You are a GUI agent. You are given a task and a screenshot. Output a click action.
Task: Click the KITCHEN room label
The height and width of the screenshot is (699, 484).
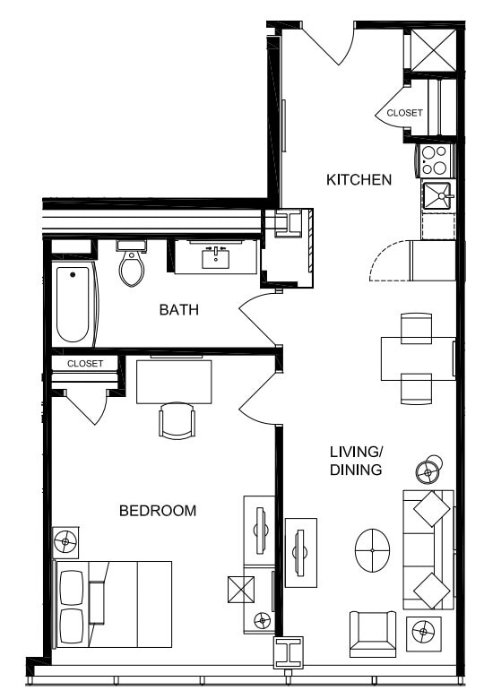click(359, 180)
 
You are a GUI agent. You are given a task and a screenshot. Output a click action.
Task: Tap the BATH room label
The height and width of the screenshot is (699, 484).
click(178, 310)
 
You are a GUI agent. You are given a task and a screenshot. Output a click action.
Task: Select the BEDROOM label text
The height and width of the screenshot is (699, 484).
click(158, 511)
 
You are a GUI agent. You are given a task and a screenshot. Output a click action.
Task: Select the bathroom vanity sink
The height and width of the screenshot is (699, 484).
click(216, 256)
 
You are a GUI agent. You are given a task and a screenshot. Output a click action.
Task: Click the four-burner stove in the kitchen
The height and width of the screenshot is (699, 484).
click(436, 160)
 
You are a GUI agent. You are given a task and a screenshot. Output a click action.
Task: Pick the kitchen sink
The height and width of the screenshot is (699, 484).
click(438, 196)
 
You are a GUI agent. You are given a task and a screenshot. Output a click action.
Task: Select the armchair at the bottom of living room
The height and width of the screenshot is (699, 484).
click(373, 633)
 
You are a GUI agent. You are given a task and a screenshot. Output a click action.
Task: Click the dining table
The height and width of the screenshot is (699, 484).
click(418, 358)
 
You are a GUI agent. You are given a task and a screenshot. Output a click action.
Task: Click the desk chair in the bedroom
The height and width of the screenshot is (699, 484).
click(177, 419)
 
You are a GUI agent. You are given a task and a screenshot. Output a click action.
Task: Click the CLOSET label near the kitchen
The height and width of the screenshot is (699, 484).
click(404, 113)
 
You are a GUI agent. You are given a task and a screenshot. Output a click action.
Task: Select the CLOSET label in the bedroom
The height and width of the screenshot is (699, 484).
click(85, 364)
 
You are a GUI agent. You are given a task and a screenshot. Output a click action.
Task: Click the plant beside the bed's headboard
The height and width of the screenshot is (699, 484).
click(66, 541)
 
